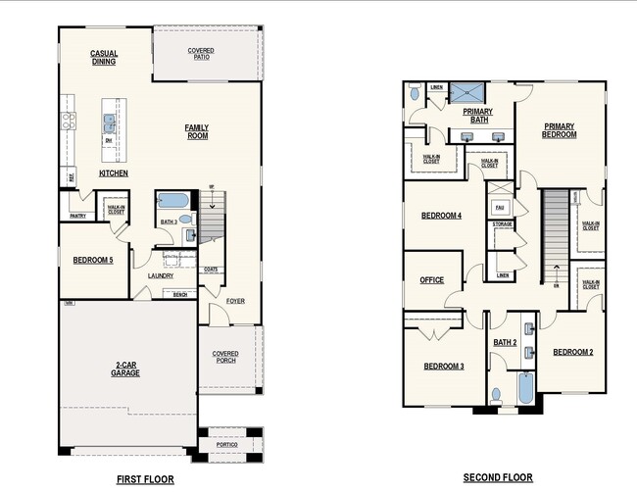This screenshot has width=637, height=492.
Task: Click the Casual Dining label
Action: pos(104,57)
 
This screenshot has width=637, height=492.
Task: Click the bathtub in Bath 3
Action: pos(173,202)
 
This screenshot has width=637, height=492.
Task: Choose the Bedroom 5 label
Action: pos(94,260)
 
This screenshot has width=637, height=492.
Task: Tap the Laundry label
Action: pos(161,275)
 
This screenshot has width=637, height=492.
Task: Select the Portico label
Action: pos(228,445)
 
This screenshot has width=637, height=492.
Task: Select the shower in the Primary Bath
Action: pos(468,91)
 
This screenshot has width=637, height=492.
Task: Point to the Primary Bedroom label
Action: pos(560,129)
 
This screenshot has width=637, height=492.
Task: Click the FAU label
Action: pos(499,208)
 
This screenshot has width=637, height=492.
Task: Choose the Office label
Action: pos(432,280)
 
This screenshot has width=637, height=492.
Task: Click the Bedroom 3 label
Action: pos(443,367)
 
